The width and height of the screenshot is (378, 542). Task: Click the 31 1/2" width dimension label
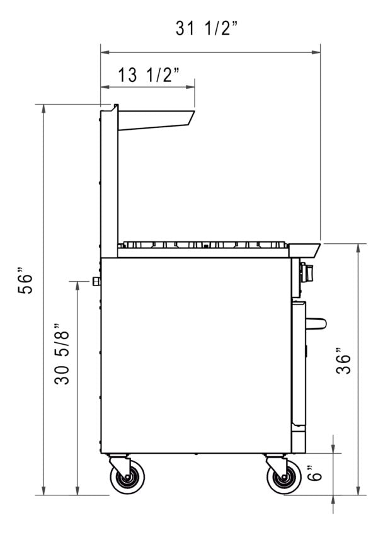[206, 29]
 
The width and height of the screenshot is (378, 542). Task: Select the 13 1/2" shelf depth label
[149, 75]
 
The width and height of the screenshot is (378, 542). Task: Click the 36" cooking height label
[343, 364]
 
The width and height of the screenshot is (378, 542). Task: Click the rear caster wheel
[127, 478]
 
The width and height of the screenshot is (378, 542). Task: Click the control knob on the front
[307, 273]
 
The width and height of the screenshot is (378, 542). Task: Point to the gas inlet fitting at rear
[96, 281]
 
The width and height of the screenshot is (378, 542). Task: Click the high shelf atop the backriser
[156, 120]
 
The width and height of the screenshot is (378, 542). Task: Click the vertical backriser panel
[108, 183]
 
